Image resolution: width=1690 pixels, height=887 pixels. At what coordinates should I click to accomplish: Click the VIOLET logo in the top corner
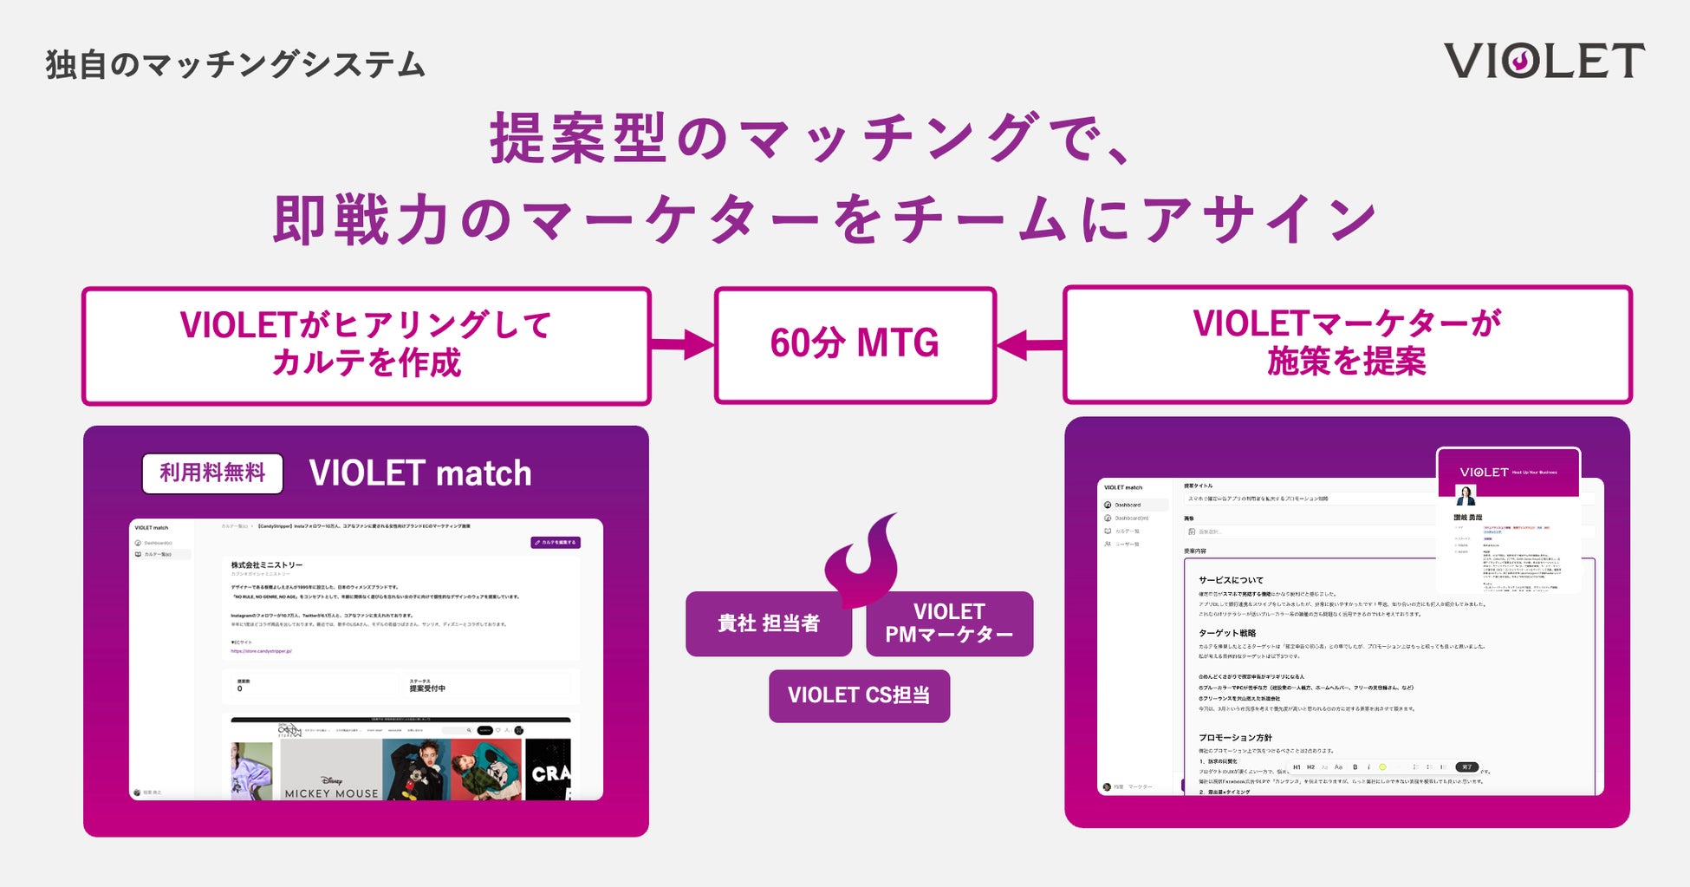tap(1544, 61)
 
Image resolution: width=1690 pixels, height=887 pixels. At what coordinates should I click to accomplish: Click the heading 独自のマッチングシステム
tap(236, 65)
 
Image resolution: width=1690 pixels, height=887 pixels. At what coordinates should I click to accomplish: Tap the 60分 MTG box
tap(855, 344)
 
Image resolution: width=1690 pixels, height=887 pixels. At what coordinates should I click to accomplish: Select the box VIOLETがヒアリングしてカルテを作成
tap(366, 345)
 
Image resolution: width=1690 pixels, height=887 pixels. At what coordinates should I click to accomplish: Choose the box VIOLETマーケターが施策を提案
tap(1347, 343)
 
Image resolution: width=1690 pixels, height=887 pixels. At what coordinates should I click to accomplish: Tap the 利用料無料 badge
tap(212, 473)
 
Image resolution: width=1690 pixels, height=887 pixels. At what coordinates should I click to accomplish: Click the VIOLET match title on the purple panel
tap(420, 473)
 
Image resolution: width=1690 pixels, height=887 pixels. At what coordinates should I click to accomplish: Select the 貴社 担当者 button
tap(768, 623)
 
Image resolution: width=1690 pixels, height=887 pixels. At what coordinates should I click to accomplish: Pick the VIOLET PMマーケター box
tap(949, 623)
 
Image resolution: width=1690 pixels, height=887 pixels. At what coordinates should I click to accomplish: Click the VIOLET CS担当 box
tap(859, 695)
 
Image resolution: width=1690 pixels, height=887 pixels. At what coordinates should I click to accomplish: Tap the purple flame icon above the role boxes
tap(863, 559)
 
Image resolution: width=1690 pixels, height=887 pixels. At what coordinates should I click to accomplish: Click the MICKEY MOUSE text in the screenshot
tap(331, 792)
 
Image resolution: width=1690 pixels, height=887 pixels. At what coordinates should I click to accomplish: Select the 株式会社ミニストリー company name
tap(267, 564)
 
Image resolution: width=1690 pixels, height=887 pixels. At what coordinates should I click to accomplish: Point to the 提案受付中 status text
tap(427, 688)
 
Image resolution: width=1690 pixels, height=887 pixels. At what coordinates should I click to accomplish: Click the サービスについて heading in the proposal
tap(1231, 580)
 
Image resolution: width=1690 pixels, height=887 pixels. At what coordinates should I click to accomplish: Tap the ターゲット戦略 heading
tap(1227, 633)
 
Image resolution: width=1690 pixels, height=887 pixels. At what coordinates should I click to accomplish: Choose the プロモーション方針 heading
tap(1235, 738)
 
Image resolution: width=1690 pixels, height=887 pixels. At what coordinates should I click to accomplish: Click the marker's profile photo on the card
tap(1466, 496)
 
